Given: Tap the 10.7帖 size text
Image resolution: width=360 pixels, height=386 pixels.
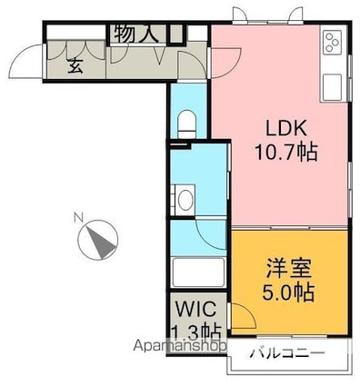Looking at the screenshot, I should coord(285,153).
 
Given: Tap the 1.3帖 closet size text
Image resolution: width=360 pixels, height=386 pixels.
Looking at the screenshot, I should coord(195,331).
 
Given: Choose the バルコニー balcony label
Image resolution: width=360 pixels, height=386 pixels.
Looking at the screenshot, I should coord(286,353).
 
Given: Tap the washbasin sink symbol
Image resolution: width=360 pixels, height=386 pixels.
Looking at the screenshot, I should coord(185,199).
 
